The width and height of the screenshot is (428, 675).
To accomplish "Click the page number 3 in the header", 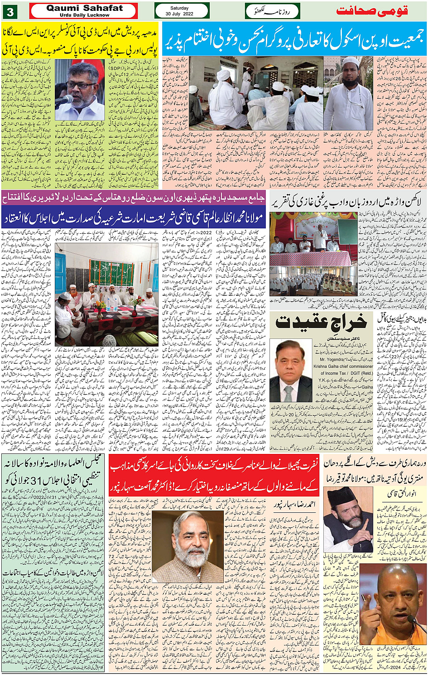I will [10, 11].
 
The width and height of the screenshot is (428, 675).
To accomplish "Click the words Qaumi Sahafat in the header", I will [84, 8].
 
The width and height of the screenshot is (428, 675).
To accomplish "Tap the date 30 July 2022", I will [179, 14].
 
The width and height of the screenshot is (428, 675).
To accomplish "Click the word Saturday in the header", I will [179, 8].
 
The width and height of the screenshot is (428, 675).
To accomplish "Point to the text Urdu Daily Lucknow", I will [84, 15].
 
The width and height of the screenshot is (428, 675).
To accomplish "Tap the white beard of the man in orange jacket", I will [192, 554].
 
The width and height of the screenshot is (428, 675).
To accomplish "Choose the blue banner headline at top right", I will [294, 39].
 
